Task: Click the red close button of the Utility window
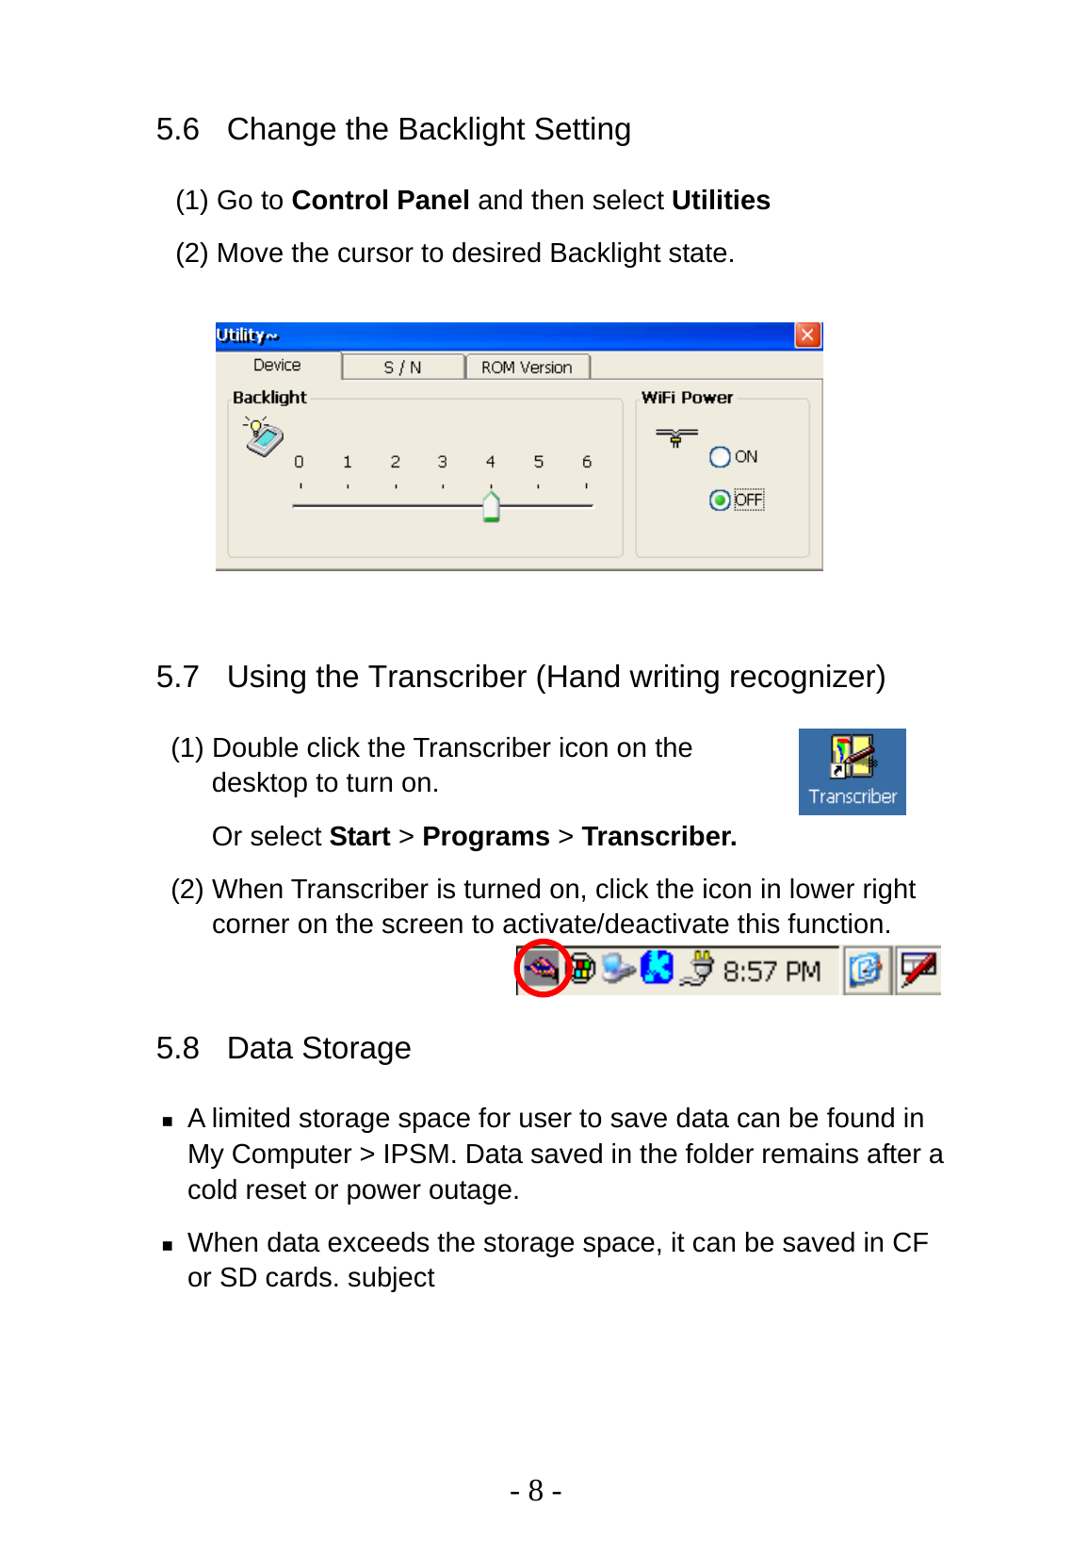(x=807, y=336)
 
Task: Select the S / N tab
(x=402, y=368)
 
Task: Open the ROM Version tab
(x=527, y=368)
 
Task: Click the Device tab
(x=277, y=366)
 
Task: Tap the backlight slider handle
(x=491, y=506)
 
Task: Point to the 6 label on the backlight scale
(x=586, y=462)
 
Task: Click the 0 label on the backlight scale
(x=299, y=462)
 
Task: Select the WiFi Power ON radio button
(x=720, y=457)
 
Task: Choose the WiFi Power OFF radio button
(x=720, y=500)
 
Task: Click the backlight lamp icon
(x=263, y=436)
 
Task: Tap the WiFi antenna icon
(x=676, y=436)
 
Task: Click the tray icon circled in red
(x=543, y=968)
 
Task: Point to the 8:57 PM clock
(x=772, y=972)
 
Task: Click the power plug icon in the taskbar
(x=699, y=969)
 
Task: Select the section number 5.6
(x=177, y=129)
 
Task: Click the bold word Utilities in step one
(x=721, y=201)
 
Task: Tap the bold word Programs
(x=485, y=837)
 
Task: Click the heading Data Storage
(x=318, y=1048)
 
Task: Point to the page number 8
(x=535, y=1491)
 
